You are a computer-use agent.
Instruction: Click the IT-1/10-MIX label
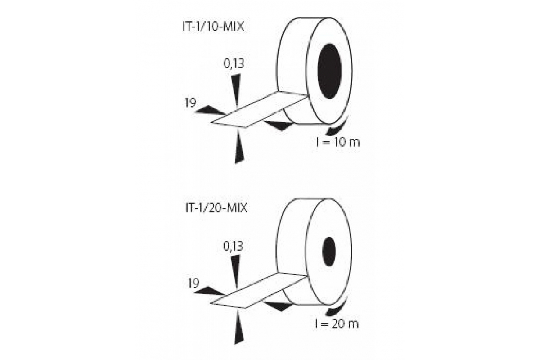(213, 27)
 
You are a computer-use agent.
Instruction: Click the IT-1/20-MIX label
(216, 208)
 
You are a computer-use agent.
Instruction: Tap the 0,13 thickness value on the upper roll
(234, 64)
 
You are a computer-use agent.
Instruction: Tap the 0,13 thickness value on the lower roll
(233, 247)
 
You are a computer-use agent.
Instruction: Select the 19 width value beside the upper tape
(191, 103)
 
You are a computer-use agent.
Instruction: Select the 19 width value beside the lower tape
(193, 283)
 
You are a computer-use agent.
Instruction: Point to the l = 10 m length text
(338, 143)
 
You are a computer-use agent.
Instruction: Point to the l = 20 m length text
(337, 324)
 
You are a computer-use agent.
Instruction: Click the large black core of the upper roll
(329, 71)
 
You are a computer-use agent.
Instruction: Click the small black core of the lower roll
(329, 252)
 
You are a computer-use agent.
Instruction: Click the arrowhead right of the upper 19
(210, 110)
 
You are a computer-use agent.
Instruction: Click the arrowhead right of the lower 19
(209, 291)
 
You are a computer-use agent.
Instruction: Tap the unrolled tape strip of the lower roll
(259, 291)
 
